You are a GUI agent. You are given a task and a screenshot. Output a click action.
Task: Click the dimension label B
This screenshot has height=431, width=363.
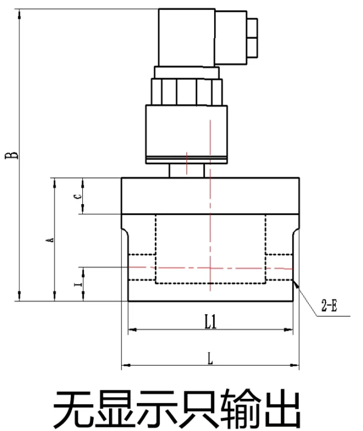(x=11, y=155)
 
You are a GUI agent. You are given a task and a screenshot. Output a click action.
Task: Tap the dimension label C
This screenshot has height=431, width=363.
(x=78, y=197)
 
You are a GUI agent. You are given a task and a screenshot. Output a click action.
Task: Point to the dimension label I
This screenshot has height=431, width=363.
(x=78, y=284)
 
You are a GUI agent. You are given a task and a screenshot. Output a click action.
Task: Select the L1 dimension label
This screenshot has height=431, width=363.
(x=211, y=321)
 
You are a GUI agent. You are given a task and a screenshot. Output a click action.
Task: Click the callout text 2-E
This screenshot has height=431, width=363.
(x=330, y=305)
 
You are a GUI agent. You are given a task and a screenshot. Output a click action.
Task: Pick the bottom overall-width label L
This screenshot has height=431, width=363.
(x=210, y=358)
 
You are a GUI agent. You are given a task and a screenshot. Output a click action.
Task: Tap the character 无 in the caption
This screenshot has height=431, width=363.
(x=73, y=408)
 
